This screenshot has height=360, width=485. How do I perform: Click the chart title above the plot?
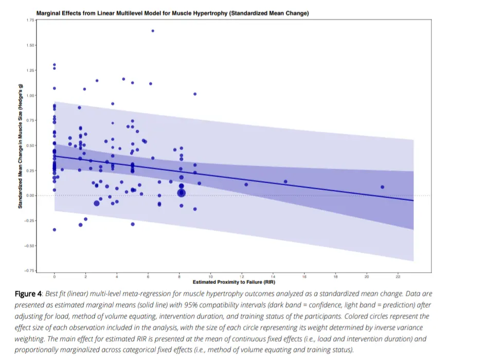point(172,13)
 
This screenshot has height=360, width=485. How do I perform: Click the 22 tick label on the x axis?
point(398,277)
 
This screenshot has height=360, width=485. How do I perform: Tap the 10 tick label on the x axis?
point(210,277)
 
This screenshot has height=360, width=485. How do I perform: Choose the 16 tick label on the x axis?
point(304,277)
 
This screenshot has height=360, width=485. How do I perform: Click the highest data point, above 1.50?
point(153,31)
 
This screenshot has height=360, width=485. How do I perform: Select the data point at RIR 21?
point(383,187)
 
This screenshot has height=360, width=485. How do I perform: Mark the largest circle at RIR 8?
point(181,193)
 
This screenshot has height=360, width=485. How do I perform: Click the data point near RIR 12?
point(246,185)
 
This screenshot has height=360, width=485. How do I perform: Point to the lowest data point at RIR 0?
point(55,229)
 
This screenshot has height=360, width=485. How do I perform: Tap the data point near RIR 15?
point(285,182)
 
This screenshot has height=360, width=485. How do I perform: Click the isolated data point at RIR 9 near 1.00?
point(195,94)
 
